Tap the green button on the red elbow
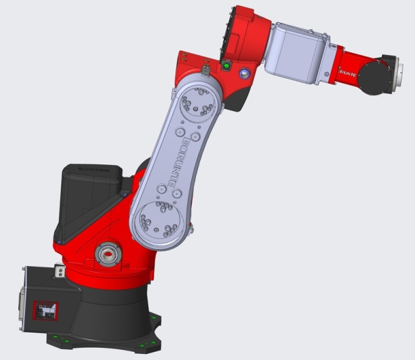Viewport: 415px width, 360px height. click(226, 66)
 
